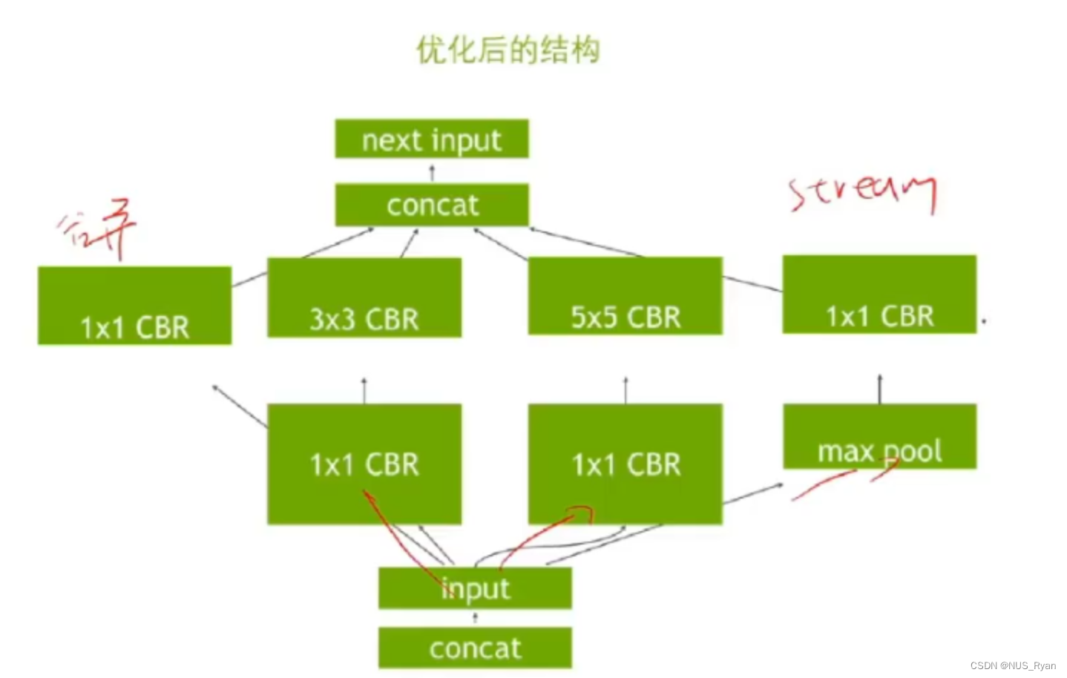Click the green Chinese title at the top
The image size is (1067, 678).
[508, 50]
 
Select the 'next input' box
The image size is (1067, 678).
[431, 139]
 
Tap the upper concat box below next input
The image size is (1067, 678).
[431, 205]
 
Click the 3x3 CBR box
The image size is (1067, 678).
[364, 298]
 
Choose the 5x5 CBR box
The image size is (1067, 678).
[625, 296]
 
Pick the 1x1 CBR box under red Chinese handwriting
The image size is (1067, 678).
[134, 306]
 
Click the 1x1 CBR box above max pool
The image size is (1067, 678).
[879, 294]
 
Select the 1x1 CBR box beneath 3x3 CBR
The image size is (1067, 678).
[364, 464]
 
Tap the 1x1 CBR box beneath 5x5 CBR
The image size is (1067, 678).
[625, 464]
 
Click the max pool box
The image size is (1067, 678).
[879, 437]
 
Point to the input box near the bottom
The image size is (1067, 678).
[475, 588]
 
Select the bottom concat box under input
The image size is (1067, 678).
[475, 648]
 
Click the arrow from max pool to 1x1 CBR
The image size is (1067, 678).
[880, 389]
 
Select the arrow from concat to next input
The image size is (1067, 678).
[432, 173]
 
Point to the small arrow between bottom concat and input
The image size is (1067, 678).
[475, 617]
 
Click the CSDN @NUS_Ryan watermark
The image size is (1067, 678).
[1013, 665]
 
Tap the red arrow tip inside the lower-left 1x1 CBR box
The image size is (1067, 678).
[366, 493]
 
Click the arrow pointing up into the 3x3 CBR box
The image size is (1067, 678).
[364, 390]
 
